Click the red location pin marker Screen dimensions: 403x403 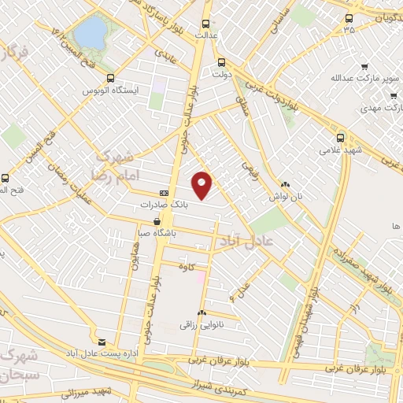pos(203,184)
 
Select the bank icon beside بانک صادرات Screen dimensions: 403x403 pos(164,193)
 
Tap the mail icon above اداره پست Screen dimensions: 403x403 pos(101,342)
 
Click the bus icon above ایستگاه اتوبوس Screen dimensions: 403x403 pos(110,78)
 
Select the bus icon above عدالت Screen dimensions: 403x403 pos(206,24)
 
